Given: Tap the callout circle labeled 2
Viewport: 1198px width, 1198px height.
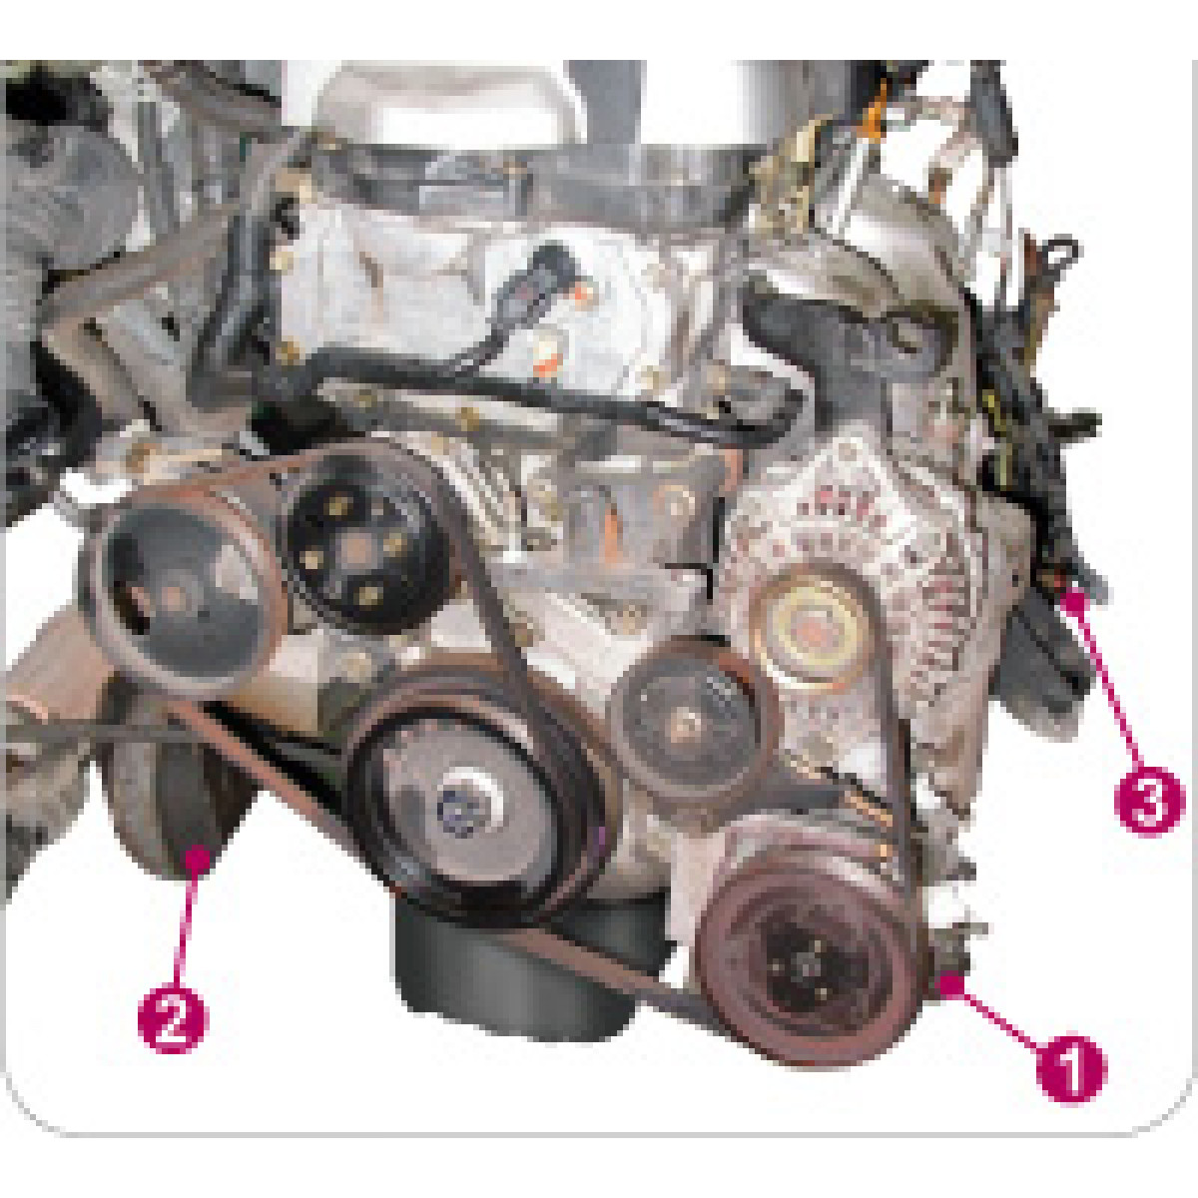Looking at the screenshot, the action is click(173, 1020).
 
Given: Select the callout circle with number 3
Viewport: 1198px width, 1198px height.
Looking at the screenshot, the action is click(1149, 800).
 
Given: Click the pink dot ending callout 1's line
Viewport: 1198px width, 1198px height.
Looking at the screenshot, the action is click(950, 985).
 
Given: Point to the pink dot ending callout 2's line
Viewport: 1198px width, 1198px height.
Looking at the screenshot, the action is click(198, 860).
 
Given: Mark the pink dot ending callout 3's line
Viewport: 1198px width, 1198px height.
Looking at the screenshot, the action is click(1072, 601).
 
